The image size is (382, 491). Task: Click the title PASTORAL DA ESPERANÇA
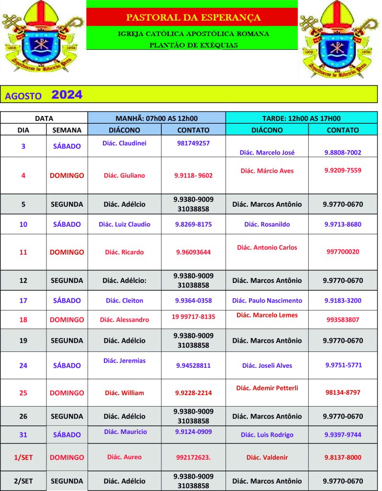[193, 18]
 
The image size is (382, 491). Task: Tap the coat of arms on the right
[338, 38]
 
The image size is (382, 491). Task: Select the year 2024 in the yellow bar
[67, 95]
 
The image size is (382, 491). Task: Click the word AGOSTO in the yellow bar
[23, 96]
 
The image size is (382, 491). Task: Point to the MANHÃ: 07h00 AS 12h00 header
[157, 118]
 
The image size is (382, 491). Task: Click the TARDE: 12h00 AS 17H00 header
[301, 118]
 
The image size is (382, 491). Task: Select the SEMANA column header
[67, 130]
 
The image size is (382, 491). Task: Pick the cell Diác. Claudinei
[124, 143]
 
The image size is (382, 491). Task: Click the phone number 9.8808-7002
[343, 152]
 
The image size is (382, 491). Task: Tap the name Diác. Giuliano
[124, 175]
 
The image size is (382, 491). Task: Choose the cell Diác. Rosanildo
[267, 224]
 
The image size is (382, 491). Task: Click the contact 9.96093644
[193, 252]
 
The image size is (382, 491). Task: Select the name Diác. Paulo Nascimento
[267, 301]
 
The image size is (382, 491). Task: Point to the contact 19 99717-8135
[193, 316]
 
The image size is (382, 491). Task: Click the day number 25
[23, 393]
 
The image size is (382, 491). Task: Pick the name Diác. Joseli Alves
[267, 365]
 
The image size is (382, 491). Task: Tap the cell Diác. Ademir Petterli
[267, 388]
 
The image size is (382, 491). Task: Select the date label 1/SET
[23, 457]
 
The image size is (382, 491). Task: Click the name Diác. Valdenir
[267, 457]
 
